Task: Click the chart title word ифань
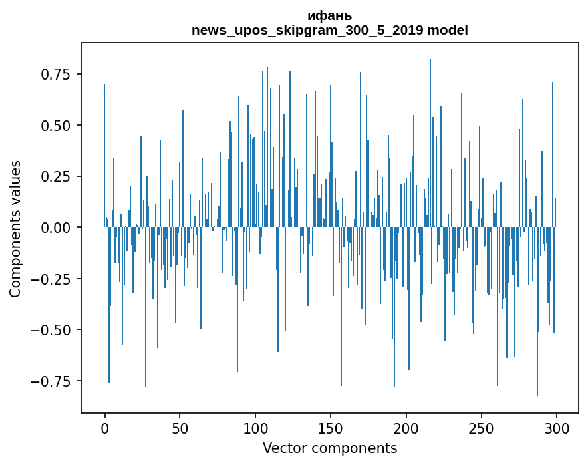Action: (329, 16)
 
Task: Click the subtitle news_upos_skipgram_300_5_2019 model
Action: (329, 30)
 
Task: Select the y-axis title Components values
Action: (15, 228)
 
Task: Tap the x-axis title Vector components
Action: (329, 448)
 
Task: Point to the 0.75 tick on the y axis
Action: (56, 74)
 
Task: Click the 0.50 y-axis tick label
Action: (56, 126)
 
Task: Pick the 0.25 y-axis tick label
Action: (56, 177)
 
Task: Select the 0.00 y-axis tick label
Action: (56, 228)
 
